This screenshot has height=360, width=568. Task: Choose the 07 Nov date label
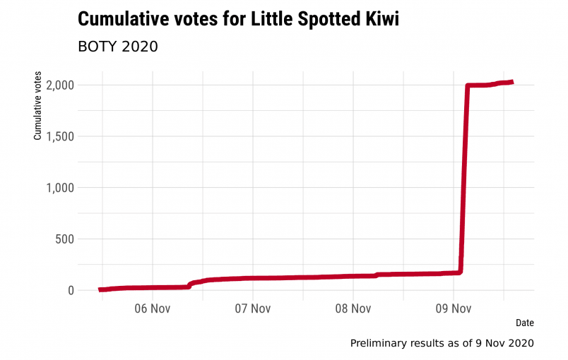(252, 308)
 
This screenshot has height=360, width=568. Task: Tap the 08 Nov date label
(353, 308)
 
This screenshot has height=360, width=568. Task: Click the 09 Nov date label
(453, 308)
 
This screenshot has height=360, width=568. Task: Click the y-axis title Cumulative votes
(38, 106)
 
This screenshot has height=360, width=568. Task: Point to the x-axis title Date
(524, 323)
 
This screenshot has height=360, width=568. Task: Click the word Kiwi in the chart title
(379, 20)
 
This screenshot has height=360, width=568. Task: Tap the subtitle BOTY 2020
(117, 47)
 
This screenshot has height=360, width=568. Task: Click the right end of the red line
(512, 82)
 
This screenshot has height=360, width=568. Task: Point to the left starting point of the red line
(100, 289)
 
